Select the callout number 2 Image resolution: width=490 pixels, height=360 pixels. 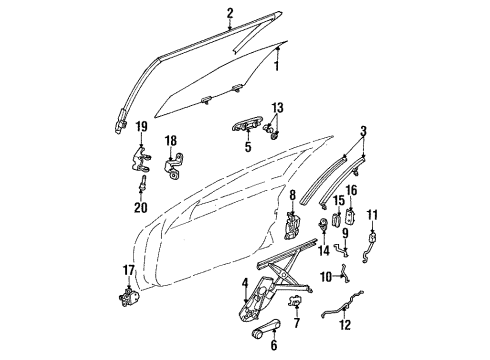coord(230,13)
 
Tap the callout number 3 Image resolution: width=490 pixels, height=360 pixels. coord(364,131)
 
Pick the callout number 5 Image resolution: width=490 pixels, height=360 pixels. coord(246,146)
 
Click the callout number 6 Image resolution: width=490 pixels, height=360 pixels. coord(273,345)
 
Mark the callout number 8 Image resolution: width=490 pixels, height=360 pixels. coord(293,196)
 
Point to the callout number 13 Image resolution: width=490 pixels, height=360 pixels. coord(277,107)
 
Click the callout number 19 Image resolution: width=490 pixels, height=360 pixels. coord(142,127)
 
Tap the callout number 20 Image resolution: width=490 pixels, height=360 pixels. coord(140,208)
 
